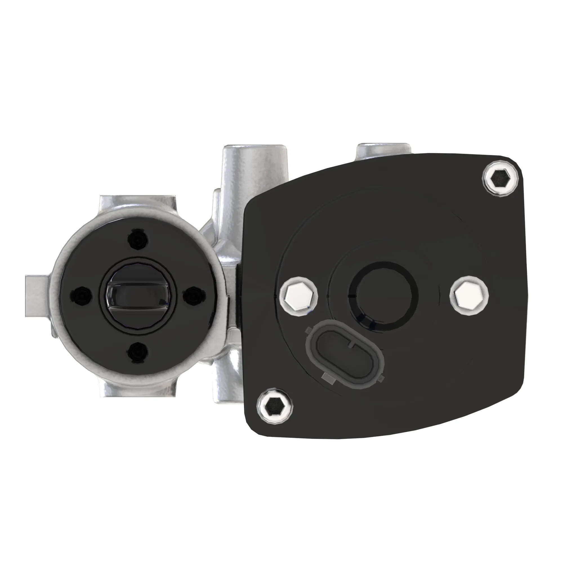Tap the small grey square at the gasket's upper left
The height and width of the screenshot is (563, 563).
308,330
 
